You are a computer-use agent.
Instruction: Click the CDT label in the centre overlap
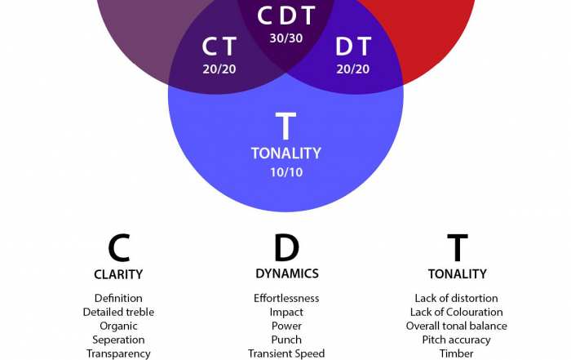tap(285, 16)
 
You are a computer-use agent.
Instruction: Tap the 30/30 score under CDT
tap(285, 38)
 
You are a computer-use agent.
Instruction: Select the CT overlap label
tap(219, 47)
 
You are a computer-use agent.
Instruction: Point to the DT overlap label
tap(352, 47)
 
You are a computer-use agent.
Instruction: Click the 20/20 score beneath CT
tap(219, 69)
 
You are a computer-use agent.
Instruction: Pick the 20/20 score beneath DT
tap(352, 69)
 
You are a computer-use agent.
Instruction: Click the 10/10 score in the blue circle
tap(285, 172)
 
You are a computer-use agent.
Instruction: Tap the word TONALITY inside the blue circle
tap(285, 153)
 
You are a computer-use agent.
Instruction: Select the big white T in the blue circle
tap(285, 127)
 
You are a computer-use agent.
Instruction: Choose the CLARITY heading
tap(118, 274)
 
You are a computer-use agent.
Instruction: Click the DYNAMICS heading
tap(286, 273)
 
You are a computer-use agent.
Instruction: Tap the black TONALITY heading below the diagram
tap(457, 274)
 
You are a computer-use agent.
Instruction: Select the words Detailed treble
tap(118, 312)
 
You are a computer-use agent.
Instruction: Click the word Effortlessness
tap(286, 298)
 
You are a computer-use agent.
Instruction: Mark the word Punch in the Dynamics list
tap(286, 340)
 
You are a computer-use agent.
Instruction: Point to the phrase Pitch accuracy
tap(457, 340)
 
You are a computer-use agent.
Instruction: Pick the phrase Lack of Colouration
tap(457, 312)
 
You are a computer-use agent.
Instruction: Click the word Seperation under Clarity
tap(118, 340)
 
